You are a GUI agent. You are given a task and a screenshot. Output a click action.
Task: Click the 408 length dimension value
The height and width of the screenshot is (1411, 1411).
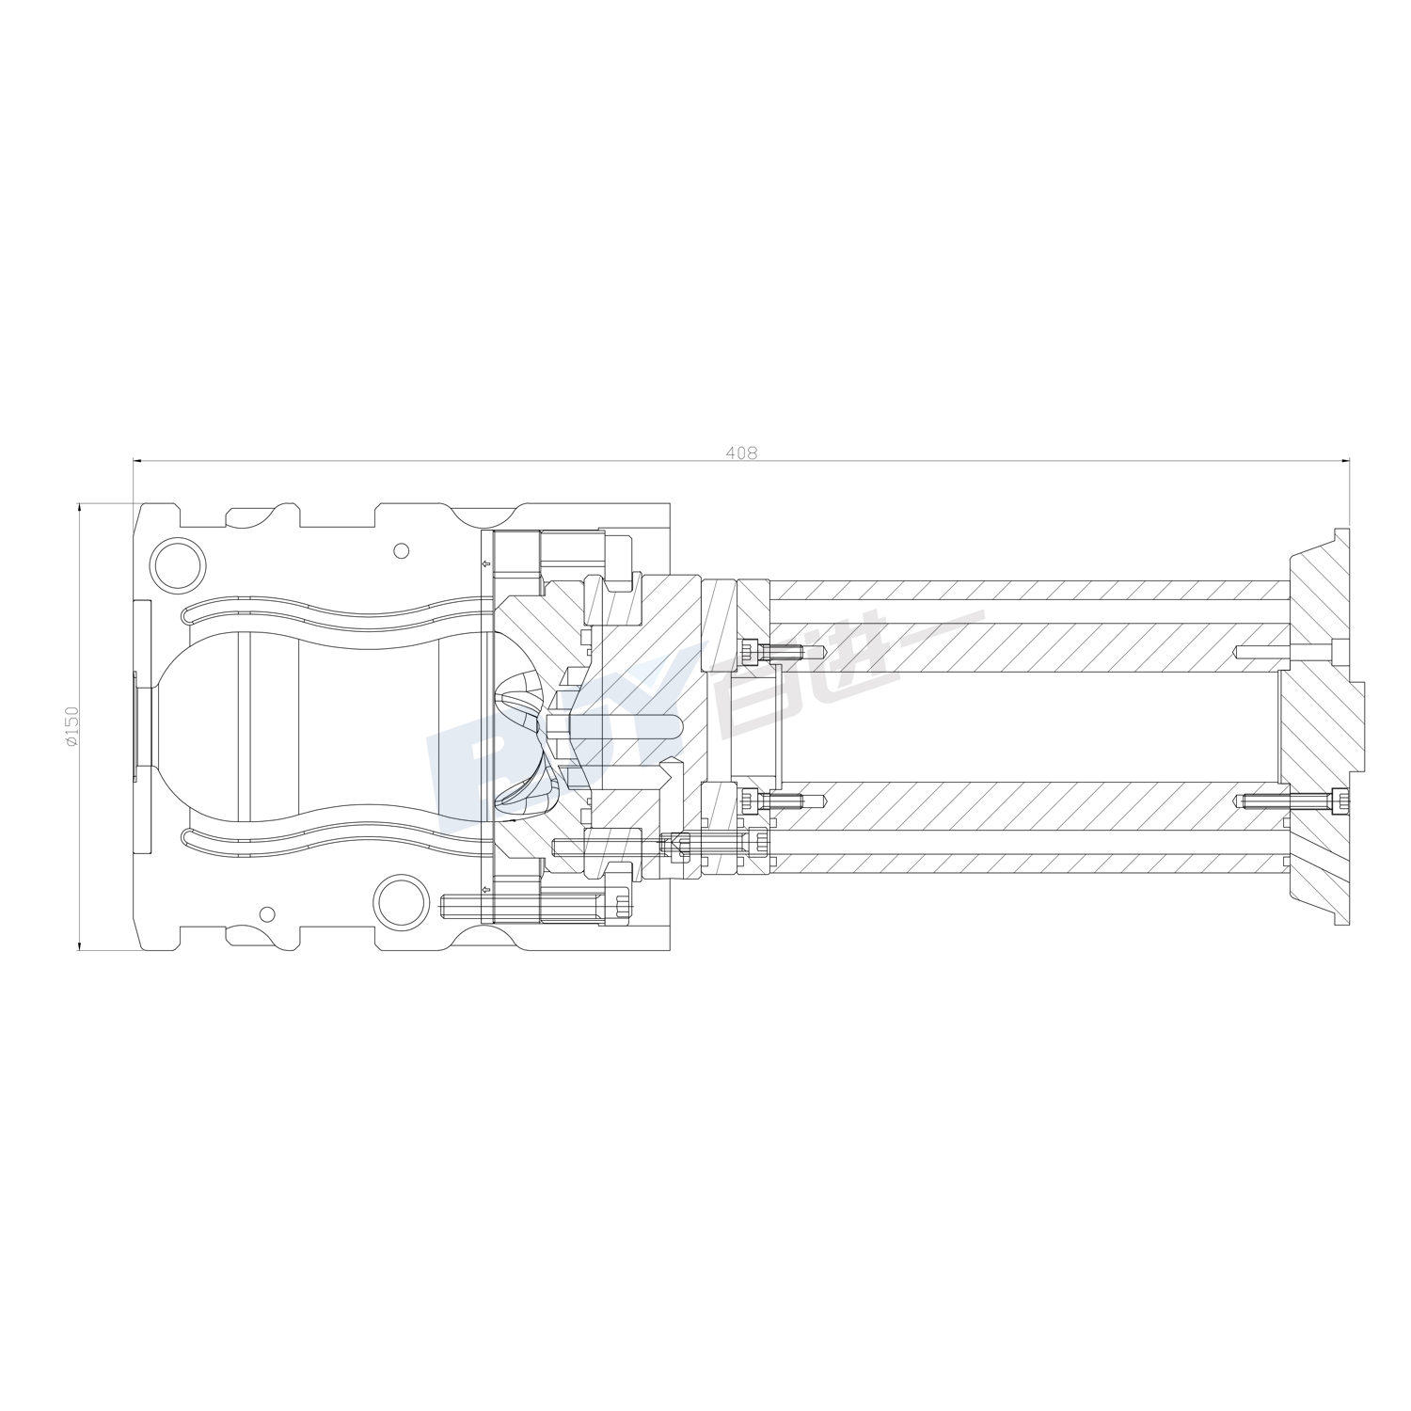pyautogui.click(x=741, y=452)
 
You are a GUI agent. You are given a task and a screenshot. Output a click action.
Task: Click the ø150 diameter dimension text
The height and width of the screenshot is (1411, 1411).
pyautogui.click(x=71, y=726)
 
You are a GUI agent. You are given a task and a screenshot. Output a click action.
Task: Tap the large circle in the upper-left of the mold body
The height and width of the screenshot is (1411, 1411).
pyautogui.click(x=178, y=562)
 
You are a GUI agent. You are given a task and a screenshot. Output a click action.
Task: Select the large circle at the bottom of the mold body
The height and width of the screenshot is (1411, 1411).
pyautogui.click(x=401, y=898)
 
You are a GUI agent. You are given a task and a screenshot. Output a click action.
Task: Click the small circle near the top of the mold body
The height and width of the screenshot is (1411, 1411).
pyautogui.click(x=402, y=550)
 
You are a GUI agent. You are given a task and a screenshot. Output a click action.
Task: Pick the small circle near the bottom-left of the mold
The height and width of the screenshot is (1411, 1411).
pyautogui.click(x=267, y=913)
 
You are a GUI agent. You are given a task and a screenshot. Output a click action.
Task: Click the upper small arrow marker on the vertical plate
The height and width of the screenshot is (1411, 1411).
pyautogui.click(x=484, y=564)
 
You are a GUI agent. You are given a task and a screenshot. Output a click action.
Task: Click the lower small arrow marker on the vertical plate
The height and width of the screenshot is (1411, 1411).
pyautogui.click(x=484, y=889)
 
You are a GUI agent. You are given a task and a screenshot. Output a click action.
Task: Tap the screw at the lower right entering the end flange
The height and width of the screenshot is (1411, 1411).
pyautogui.click(x=1293, y=801)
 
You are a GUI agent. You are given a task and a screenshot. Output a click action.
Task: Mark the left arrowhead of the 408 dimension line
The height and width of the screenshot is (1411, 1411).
pyautogui.click(x=138, y=461)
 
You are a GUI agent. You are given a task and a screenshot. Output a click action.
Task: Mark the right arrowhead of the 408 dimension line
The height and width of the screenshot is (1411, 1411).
pyautogui.click(x=1344, y=461)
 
